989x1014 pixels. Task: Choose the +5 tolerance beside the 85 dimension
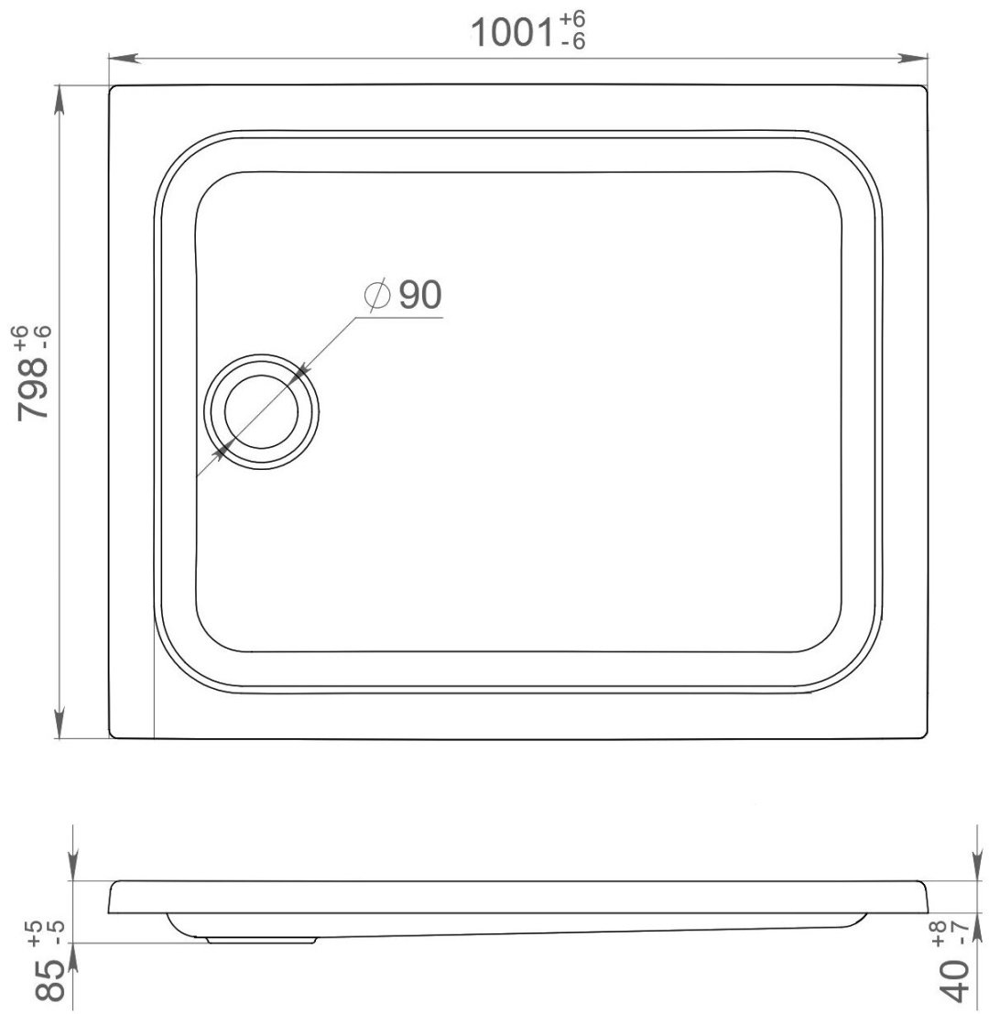[34, 932]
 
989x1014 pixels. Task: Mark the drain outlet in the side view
[263, 938]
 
